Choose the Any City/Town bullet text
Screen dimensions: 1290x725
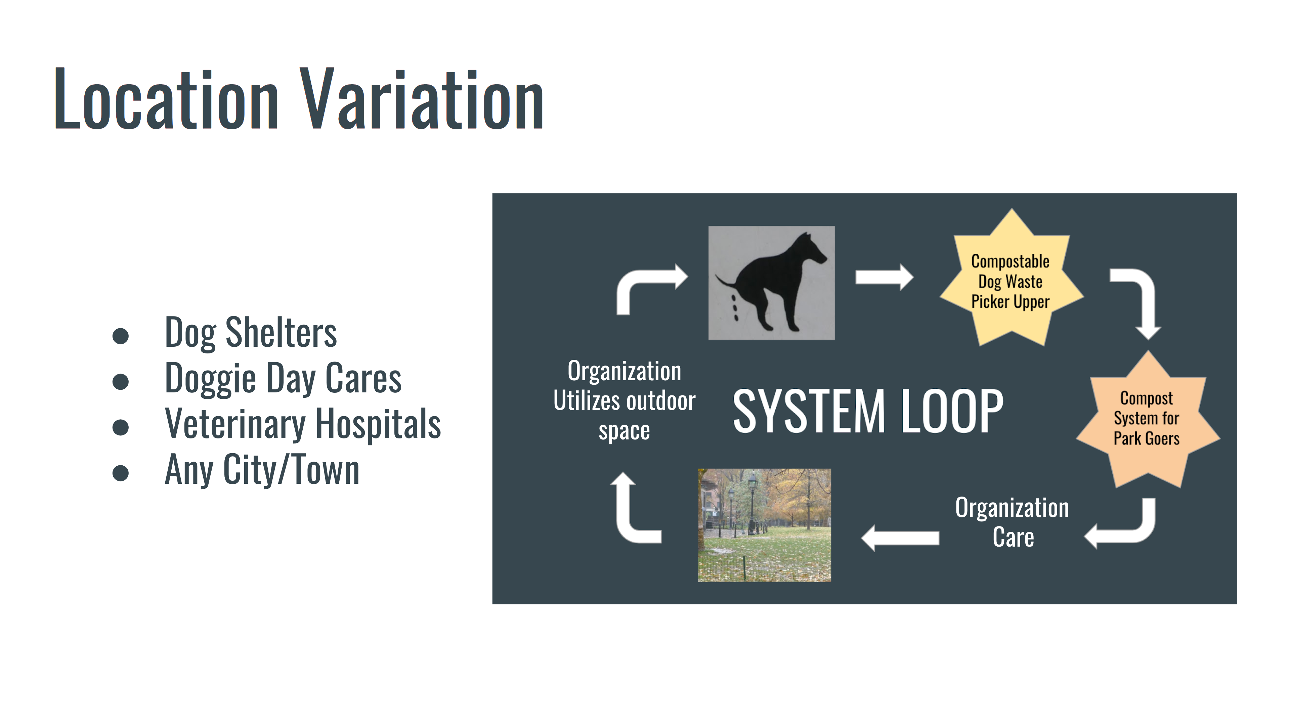point(262,470)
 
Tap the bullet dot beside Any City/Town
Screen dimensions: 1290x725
point(121,473)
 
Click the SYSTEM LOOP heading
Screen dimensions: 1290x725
point(868,411)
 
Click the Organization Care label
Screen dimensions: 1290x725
point(1012,522)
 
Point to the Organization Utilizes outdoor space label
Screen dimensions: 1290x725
point(625,400)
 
